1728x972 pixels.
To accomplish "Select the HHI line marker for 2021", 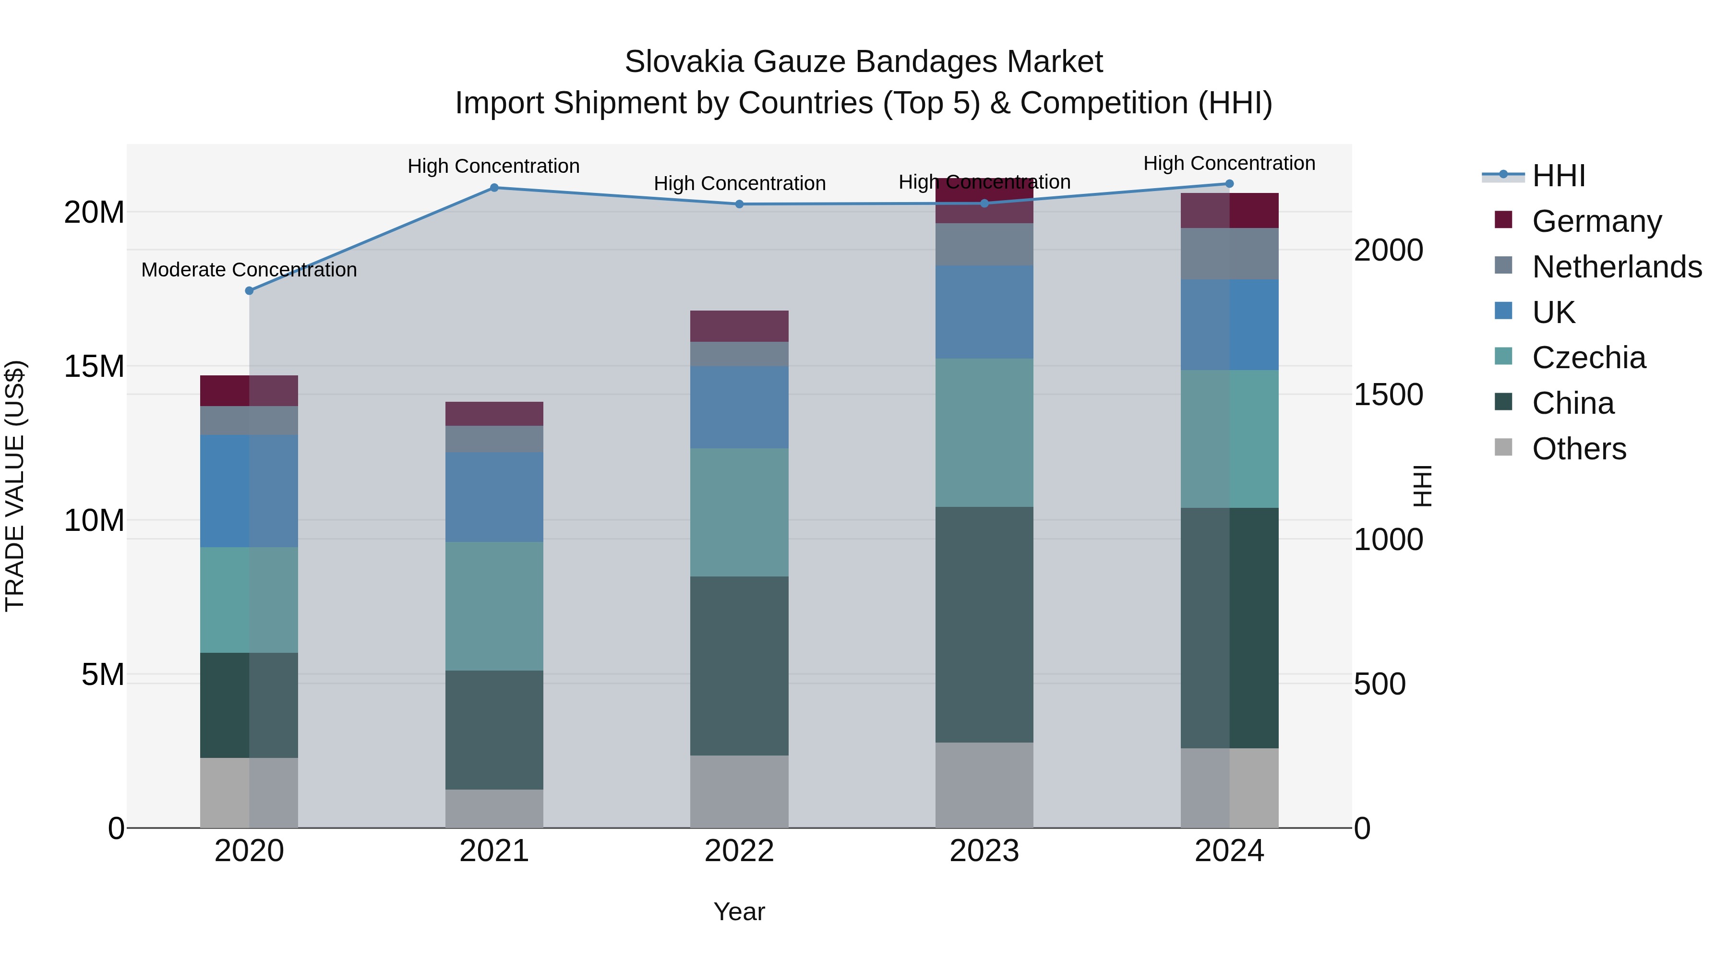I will click(494, 188).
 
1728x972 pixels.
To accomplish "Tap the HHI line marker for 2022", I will click(739, 204).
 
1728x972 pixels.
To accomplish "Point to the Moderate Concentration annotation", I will click(249, 270).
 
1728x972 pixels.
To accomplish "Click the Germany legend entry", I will click(1596, 221).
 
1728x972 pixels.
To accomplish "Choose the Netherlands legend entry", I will click(1617, 267).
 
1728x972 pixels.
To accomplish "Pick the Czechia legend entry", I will click(1588, 358).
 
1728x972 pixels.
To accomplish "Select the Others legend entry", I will click(1579, 449).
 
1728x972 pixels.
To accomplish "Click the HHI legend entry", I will click(1558, 176).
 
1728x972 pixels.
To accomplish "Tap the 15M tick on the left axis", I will click(94, 366).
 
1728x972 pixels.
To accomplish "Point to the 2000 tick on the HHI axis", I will click(1388, 250).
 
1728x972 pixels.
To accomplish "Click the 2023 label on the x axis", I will click(984, 851).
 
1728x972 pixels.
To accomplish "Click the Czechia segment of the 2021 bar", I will click(494, 606).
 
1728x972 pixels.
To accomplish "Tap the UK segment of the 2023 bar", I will click(984, 312).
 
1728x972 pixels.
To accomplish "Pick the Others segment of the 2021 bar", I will click(494, 808).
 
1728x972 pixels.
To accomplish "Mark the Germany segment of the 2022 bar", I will click(739, 326).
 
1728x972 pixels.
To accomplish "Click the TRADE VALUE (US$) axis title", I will click(15, 486).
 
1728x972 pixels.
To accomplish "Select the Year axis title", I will click(739, 912).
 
